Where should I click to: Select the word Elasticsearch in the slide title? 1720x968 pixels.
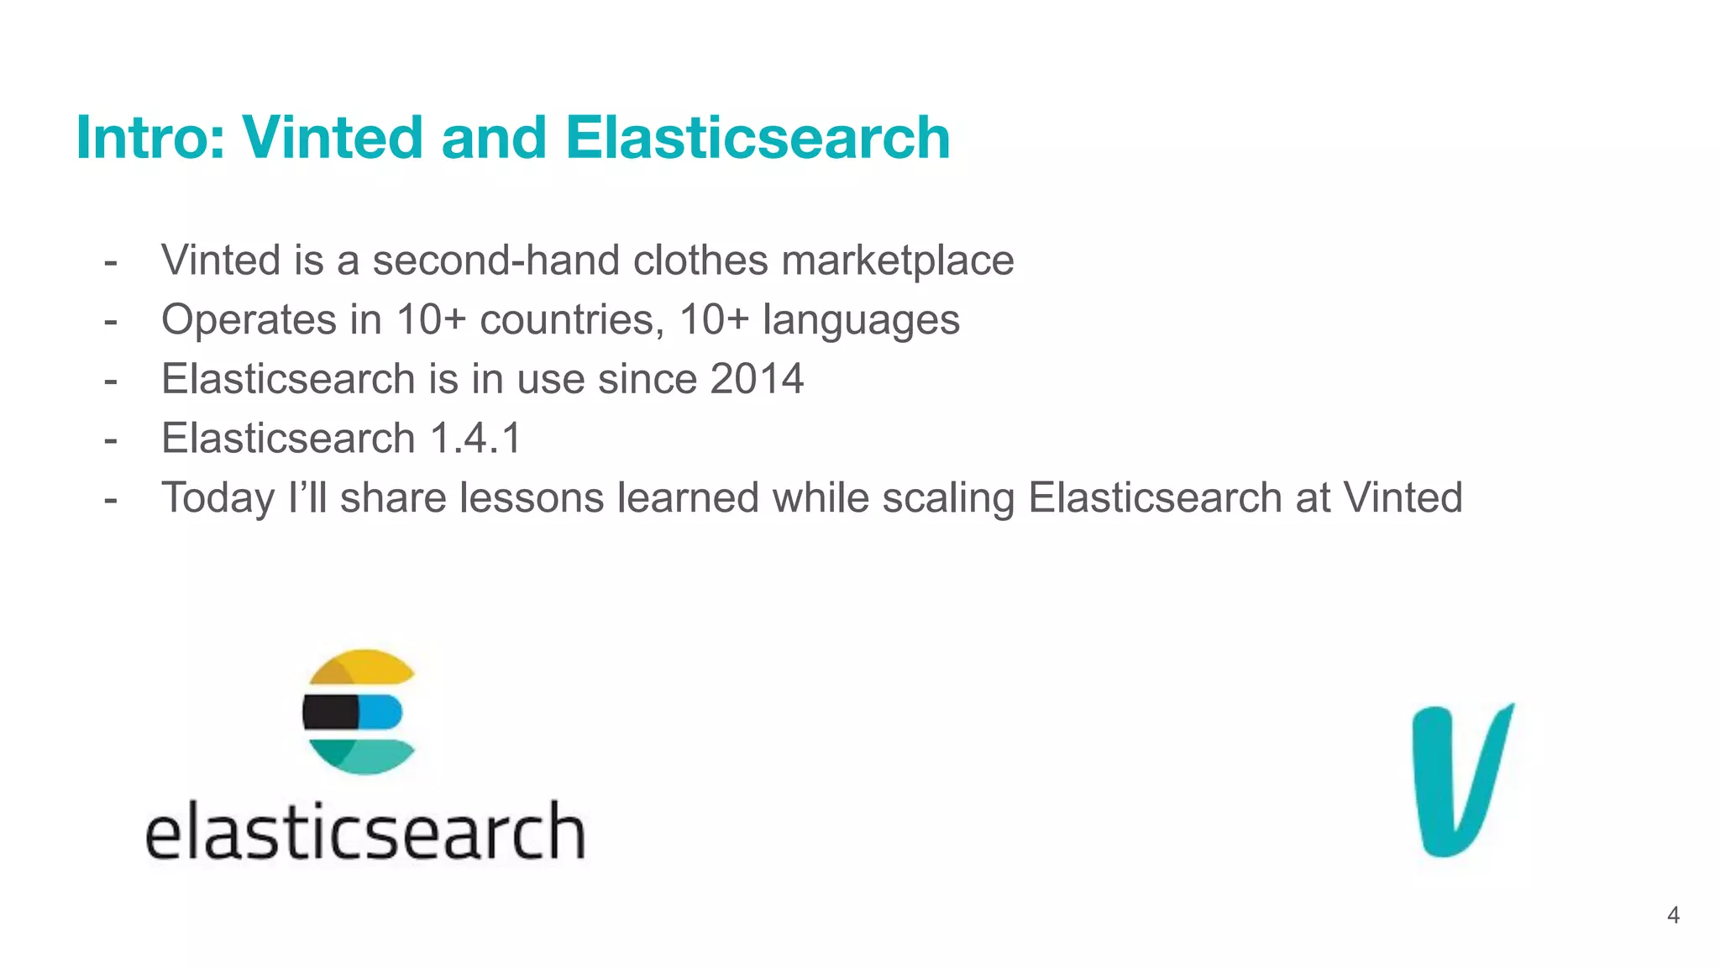(x=758, y=137)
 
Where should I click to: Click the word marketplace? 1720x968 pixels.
(x=898, y=260)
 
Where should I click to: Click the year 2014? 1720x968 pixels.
(x=757, y=379)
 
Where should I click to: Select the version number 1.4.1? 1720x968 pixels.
(x=475, y=439)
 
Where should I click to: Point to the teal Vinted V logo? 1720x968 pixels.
(x=1461, y=780)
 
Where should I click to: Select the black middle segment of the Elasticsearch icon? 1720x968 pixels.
(x=330, y=713)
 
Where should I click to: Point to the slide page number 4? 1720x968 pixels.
(x=1673, y=915)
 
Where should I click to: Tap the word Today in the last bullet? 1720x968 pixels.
(x=218, y=497)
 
